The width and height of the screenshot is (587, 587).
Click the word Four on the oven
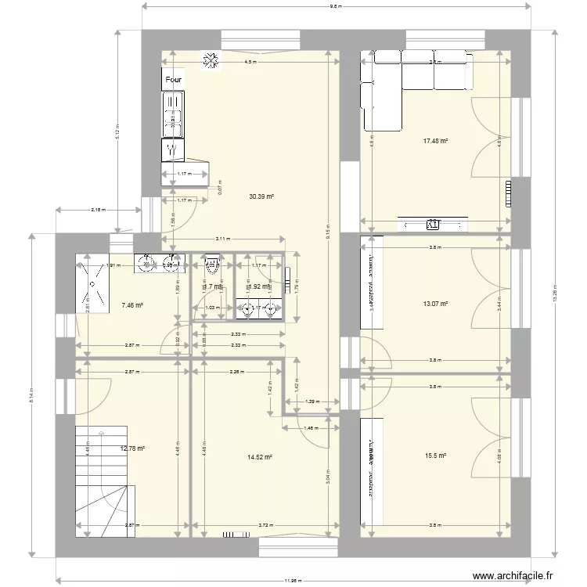pos(174,79)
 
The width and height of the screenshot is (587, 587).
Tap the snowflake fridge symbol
pos(210,60)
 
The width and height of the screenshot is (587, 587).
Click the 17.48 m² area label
pos(435,141)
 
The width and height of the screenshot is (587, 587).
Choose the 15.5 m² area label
pos(436,456)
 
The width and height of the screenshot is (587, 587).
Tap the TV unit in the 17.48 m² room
pos(433,225)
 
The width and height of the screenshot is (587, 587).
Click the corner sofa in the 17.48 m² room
pos(399,78)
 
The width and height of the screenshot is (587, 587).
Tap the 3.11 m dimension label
pos(223,239)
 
